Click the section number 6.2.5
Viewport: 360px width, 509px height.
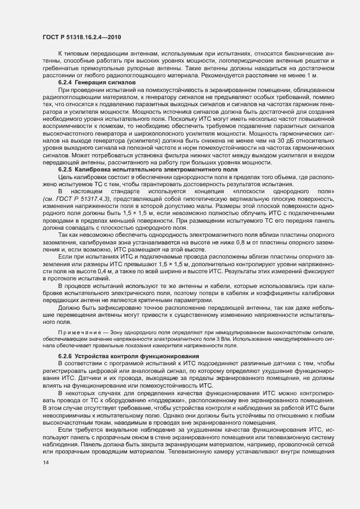tap(67, 170)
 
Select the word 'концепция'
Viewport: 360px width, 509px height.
tap(195, 192)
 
